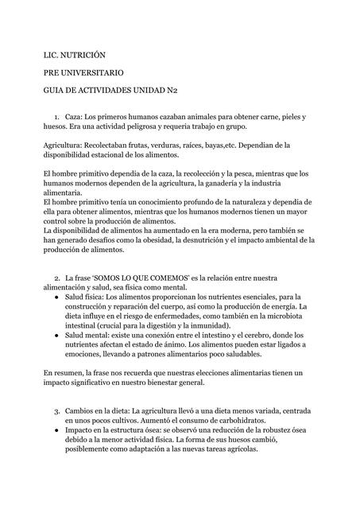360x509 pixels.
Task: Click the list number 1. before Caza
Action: [57, 116]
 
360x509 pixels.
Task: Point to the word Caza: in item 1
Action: [74, 116]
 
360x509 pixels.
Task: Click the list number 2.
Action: [57, 278]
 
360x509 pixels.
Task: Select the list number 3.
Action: [57, 411]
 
